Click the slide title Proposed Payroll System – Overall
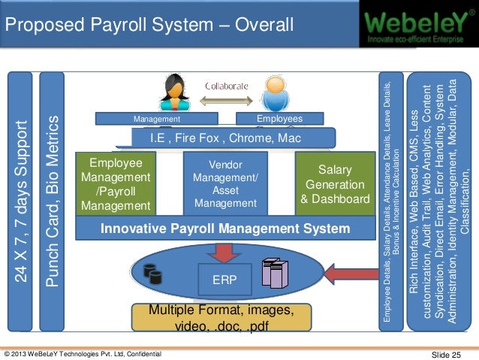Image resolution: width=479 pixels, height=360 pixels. click(x=149, y=27)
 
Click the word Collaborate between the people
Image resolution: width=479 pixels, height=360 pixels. click(x=227, y=86)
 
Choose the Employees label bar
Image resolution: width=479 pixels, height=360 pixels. click(x=279, y=119)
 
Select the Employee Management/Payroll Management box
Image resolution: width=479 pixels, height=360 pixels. click(x=116, y=184)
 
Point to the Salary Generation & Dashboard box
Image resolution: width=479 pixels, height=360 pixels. click(x=335, y=184)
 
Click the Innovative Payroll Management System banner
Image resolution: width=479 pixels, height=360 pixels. click(x=225, y=228)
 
